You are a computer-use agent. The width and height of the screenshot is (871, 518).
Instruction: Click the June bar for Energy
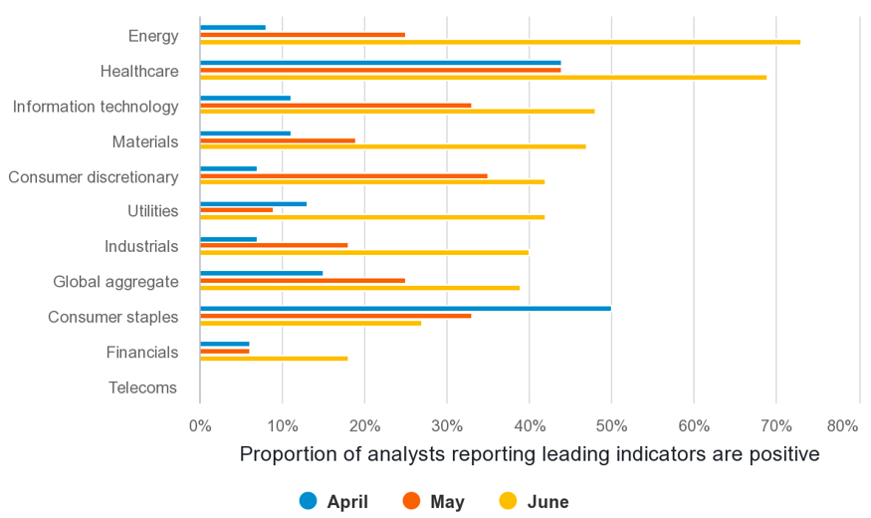click(x=500, y=42)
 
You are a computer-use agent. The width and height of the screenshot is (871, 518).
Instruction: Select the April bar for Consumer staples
click(x=405, y=308)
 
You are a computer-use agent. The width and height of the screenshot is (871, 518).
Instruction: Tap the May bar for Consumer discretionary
click(x=343, y=175)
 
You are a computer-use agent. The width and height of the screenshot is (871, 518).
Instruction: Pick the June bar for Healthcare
click(x=483, y=77)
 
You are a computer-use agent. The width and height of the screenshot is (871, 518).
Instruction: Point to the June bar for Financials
click(x=274, y=358)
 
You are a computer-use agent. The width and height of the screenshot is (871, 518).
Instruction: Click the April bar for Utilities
click(x=253, y=203)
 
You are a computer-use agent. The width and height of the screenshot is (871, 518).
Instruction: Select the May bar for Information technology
click(x=335, y=105)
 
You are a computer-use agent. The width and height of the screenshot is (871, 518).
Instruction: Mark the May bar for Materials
click(x=277, y=140)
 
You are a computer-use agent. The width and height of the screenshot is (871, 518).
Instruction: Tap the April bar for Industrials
click(x=228, y=239)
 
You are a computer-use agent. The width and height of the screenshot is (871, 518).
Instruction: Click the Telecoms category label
click(x=143, y=388)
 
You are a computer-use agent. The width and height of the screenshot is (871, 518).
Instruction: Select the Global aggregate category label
click(x=115, y=282)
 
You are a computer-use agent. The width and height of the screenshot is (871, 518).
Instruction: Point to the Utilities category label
click(x=152, y=211)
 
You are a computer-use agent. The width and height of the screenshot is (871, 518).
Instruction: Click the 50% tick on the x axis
click(x=611, y=426)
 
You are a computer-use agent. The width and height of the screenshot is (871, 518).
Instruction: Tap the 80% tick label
click(x=842, y=426)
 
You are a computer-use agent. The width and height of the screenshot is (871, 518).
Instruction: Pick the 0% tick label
click(x=200, y=426)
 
